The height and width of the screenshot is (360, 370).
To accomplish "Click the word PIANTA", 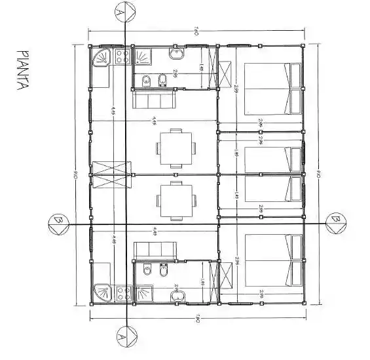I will pyautogui.click(x=24, y=71).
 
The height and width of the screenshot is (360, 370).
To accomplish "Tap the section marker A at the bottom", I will pyautogui.click(x=120, y=338).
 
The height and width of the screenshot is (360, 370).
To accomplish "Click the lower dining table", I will pyautogui.click(x=176, y=200).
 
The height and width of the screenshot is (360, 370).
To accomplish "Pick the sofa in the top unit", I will pyautogui.click(x=153, y=100).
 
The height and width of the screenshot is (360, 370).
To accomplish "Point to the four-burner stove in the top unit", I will pyautogui.click(x=121, y=57).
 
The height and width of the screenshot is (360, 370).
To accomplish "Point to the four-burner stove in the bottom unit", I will pyautogui.click(x=121, y=293).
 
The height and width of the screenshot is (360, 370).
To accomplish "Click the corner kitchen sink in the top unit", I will pyautogui.click(x=101, y=58).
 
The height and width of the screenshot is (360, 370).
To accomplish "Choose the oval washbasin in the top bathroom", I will pyautogui.click(x=176, y=52).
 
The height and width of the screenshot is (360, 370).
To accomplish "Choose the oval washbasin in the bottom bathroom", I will pyautogui.click(x=176, y=297).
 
